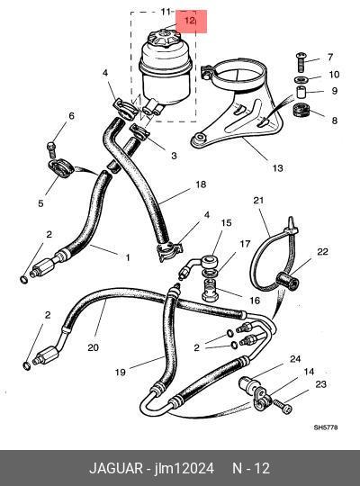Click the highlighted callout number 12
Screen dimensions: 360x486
coord(189,21)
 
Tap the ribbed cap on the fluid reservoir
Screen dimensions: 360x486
coord(165,39)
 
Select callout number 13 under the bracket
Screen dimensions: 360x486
coord(277,168)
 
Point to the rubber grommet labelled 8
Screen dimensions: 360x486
coord(301,111)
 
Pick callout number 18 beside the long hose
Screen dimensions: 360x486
coord(201,184)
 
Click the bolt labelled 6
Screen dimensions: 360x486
coord(52,150)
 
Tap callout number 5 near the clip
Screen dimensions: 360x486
coord(40,203)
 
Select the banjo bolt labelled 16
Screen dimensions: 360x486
coord(211,290)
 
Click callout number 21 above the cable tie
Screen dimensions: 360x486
coord(258,200)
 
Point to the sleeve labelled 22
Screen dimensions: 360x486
coord(287,280)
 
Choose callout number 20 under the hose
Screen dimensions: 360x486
coord(93,347)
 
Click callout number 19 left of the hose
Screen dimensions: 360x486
coord(120,372)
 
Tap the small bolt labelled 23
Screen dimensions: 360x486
coord(283,406)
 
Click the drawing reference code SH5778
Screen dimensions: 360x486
coord(326,427)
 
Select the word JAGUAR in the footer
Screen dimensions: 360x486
coord(116,468)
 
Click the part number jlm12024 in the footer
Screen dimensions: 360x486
coord(184,468)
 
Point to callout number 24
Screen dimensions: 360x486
coord(295,359)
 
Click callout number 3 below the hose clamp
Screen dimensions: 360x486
coord(174,156)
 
